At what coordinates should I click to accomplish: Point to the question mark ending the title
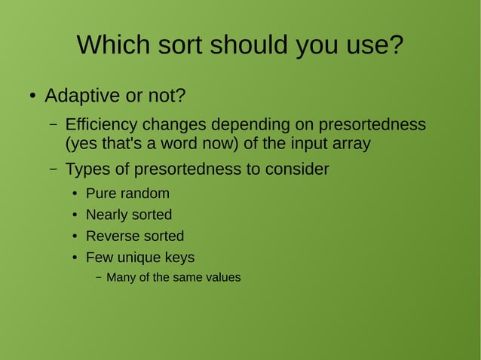[396, 45]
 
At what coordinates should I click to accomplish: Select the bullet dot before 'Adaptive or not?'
[32, 97]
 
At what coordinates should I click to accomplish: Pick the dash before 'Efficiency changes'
[54, 124]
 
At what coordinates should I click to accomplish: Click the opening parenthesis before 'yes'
[68, 143]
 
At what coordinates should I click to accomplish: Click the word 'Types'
[87, 169]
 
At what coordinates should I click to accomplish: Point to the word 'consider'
[296, 169]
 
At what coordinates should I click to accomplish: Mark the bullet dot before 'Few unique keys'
[75, 258]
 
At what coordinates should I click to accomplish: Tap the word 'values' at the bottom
[222, 277]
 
